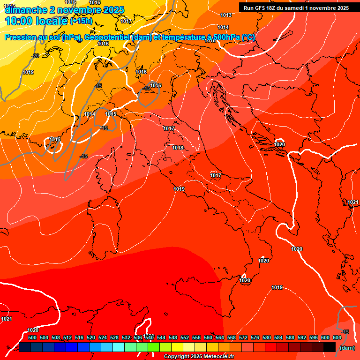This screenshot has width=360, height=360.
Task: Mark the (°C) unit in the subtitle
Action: click(248, 37)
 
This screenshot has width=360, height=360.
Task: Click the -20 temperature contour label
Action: click(35, 56)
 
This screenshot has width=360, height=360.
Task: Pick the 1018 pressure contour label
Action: click(178, 148)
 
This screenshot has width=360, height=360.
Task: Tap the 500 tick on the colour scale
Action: click(32, 337)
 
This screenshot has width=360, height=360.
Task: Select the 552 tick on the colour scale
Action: click(185, 337)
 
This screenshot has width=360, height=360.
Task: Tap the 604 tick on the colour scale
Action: click(337, 337)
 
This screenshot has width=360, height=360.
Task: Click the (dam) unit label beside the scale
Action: click(347, 348)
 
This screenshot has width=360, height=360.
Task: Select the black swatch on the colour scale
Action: click(330, 347)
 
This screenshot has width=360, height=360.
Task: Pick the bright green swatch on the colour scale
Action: click(154, 347)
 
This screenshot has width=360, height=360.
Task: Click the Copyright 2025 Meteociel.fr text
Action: click(199, 357)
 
